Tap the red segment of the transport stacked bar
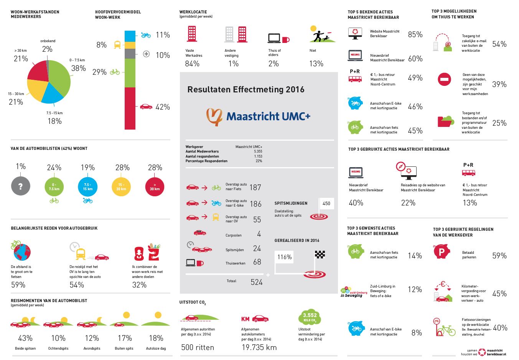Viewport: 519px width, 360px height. coord(130,108)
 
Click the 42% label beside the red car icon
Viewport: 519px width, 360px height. coord(163,107)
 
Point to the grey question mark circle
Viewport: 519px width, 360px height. coord(21,186)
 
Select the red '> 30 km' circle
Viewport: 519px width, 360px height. coord(155,187)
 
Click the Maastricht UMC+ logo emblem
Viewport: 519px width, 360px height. coord(214,117)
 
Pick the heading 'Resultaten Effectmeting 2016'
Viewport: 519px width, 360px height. coord(245,90)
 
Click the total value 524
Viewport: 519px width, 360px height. coord(256,282)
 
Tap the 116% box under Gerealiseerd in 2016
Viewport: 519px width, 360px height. coord(284,257)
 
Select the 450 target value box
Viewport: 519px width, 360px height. coord(326,204)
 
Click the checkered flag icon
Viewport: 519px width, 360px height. coord(320,254)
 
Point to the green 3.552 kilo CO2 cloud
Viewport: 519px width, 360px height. coord(309,317)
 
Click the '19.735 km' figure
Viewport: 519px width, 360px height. coord(259,348)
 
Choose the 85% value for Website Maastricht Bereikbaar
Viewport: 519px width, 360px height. coord(415,35)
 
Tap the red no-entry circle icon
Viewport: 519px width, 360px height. coord(444,79)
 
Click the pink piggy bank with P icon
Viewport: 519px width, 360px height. coord(442,252)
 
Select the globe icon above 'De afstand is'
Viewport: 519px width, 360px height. coord(21,252)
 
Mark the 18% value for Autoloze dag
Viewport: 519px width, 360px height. coord(156,338)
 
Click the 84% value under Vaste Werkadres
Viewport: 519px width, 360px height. coord(192,64)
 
